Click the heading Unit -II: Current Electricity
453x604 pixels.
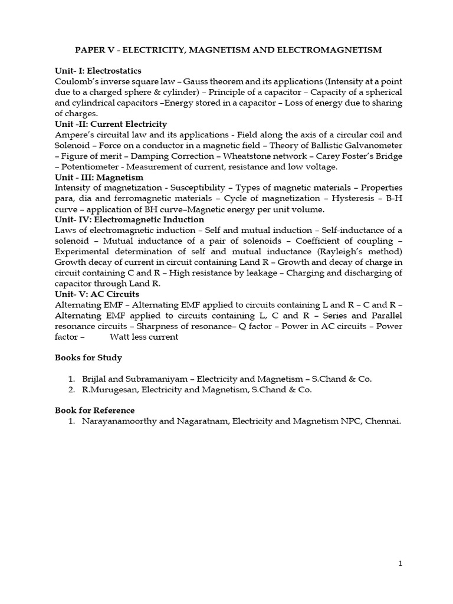[111, 124]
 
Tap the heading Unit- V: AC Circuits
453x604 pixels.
[97, 294]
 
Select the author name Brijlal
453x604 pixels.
[98, 379]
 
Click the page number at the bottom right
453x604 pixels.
[400, 564]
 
